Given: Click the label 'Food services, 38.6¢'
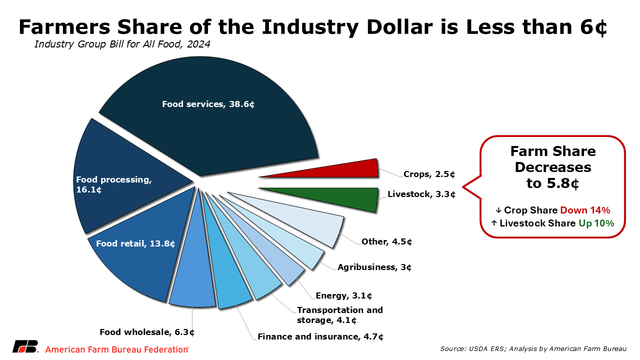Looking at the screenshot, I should coord(208,104).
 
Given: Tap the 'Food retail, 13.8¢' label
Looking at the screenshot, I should coord(135,244).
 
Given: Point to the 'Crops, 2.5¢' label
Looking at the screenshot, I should coord(429,174).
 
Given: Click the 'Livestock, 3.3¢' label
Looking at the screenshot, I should coord(421,194).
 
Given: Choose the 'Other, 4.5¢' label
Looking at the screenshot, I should coord(387,242).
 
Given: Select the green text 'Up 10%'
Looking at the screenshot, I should coord(596,223).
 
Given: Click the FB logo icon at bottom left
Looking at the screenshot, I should coord(25,346).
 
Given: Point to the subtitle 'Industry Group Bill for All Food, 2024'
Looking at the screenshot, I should coord(122,44).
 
